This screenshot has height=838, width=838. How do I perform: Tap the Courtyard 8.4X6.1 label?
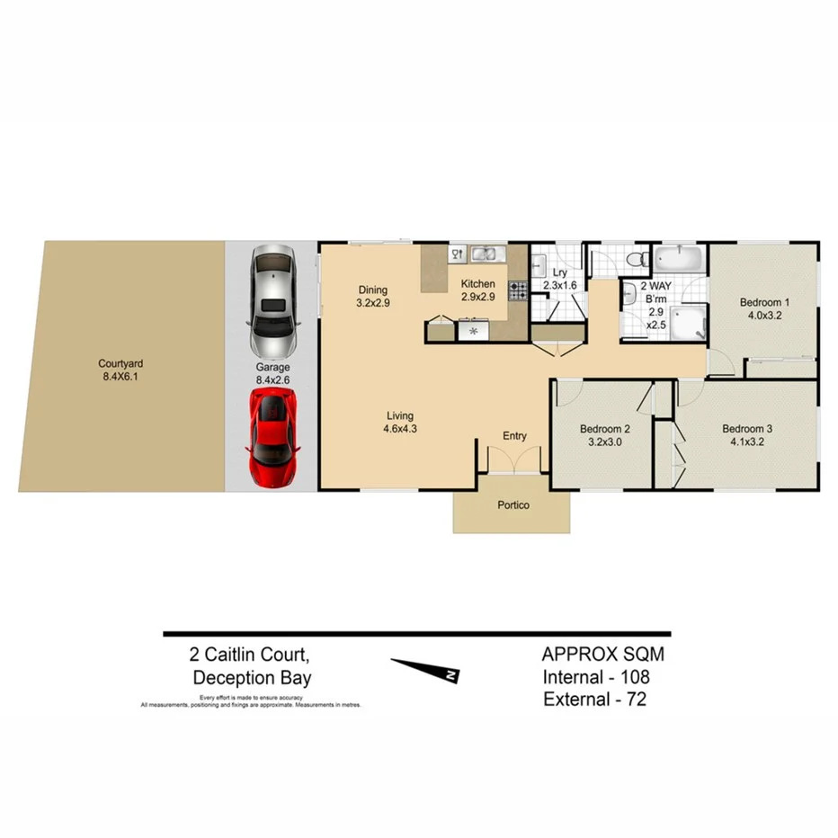(x=121, y=370)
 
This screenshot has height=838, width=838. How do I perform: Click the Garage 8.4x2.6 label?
(x=272, y=374)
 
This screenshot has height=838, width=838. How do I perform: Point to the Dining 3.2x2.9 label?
(x=373, y=296)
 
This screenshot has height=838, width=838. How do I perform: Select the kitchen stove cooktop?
(x=518, y=290)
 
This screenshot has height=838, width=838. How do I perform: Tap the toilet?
(x=637, y=260)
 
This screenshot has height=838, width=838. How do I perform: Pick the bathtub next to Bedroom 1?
(x=679, y=259)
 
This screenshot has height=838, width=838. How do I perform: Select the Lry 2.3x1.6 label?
(x=558, y=279)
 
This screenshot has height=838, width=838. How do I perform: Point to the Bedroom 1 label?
(x=764, y=309)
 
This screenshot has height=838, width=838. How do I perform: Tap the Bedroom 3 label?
(x=747, y=435)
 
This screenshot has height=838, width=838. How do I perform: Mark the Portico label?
(x=513, y=505)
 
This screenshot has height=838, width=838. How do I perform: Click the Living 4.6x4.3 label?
(x=400, y=422)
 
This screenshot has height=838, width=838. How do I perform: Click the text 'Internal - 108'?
(x=595, y=676)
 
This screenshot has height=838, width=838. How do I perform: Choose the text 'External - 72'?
(x=594, y=699)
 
